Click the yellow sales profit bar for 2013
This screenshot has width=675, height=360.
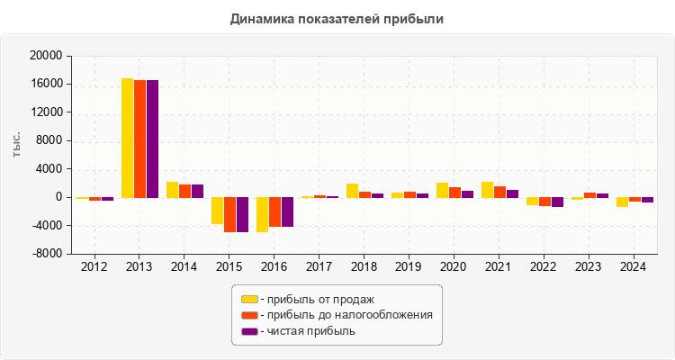(x=127, y=138)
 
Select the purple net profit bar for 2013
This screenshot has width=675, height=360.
(x=152, y=139)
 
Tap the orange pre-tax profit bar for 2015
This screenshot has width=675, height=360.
(x=229, y=214)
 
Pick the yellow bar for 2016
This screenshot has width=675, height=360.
(x=262, y=214)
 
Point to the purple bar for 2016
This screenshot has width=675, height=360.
(x=287, y=211)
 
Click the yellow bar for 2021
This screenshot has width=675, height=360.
(x=487, y=190)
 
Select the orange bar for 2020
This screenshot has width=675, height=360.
(x=454, y=193)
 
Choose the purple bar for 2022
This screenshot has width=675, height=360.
(x=557, y=202)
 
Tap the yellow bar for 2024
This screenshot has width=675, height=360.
(x=622, y=202)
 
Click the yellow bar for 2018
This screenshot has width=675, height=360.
(x=352, y=191)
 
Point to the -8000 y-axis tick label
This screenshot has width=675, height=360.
(x=45, y=254)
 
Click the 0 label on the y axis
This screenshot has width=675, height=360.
(x=58, y=197)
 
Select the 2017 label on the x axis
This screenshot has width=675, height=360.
(x=319, y=266)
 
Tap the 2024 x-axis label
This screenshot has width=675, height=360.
(x=634, y=266)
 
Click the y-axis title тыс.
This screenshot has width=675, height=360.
(x=18, y=149)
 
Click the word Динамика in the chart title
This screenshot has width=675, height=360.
(x=262, y=18)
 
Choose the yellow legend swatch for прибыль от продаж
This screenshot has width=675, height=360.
(x=249, y=299)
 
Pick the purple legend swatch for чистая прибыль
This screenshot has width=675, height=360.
(x=249, y=331)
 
